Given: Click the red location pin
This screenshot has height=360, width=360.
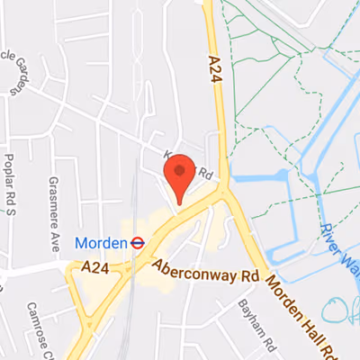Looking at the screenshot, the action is click(179, 178).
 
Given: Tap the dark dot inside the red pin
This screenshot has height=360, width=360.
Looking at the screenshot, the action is click(179, 168).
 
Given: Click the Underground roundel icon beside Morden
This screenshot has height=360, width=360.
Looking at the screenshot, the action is click(137, 241).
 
